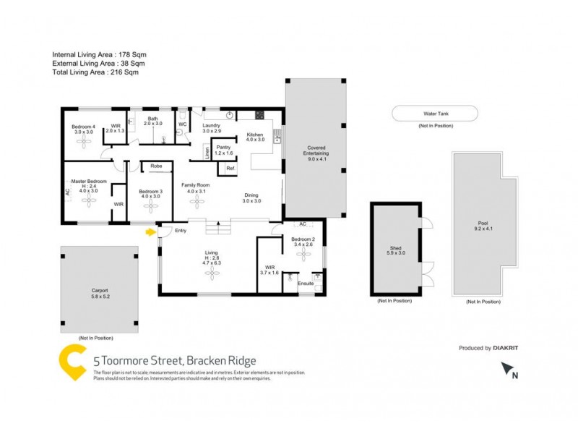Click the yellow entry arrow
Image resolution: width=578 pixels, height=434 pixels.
pos(150,232)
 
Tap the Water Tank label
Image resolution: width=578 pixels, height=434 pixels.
pos(434,114)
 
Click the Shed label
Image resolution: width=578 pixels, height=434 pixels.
pos(395,248)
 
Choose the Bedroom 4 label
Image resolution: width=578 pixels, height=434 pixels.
pos(82,127)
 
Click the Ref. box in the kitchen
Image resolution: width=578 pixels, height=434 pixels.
pos(230,169)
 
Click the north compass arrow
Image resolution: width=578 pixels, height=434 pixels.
pos(506,370)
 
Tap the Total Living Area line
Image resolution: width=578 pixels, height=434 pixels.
pos(95,72)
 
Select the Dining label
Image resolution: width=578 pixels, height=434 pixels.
pos(251,195)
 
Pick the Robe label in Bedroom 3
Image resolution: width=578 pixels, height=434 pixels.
pos(155,166)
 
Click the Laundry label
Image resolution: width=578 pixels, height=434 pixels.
pos(211,125)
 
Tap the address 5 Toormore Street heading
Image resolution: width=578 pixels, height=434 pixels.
pos(174,360)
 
